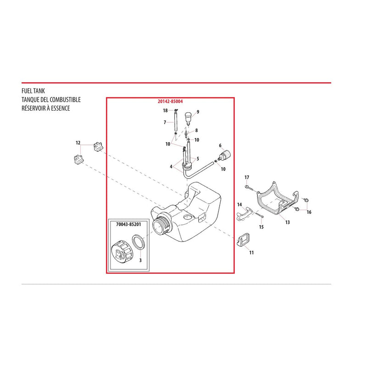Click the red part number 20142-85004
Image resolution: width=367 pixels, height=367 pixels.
tap(170, 101)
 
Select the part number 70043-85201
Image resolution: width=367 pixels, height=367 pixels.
tap(128, 224)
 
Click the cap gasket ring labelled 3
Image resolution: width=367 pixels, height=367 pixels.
tap(139, 243)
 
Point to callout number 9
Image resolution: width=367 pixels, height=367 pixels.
tap(198, 112)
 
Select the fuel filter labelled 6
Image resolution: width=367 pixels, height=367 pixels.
tap(225, 156)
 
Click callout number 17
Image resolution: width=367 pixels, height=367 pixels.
tap(247, 178)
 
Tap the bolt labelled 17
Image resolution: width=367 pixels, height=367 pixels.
tap(250, 189)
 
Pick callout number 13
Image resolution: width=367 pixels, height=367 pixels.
tap(288, 222)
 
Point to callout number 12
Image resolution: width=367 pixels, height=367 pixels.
tap(78, 143)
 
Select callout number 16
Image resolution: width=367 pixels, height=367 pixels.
tap(309, 212)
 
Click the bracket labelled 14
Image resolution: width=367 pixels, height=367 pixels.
tap(244, 213)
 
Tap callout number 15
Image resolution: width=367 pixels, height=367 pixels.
tap(261, 227)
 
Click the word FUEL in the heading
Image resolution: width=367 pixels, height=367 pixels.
tap(27, 91)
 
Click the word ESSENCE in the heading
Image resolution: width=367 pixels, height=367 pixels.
tap(60, 108)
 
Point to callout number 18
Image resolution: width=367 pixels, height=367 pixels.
tap(165, 111)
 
